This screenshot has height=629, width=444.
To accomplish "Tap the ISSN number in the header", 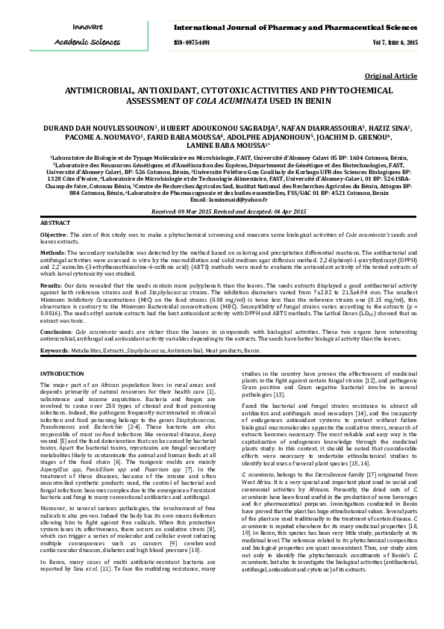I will coord(192,43).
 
